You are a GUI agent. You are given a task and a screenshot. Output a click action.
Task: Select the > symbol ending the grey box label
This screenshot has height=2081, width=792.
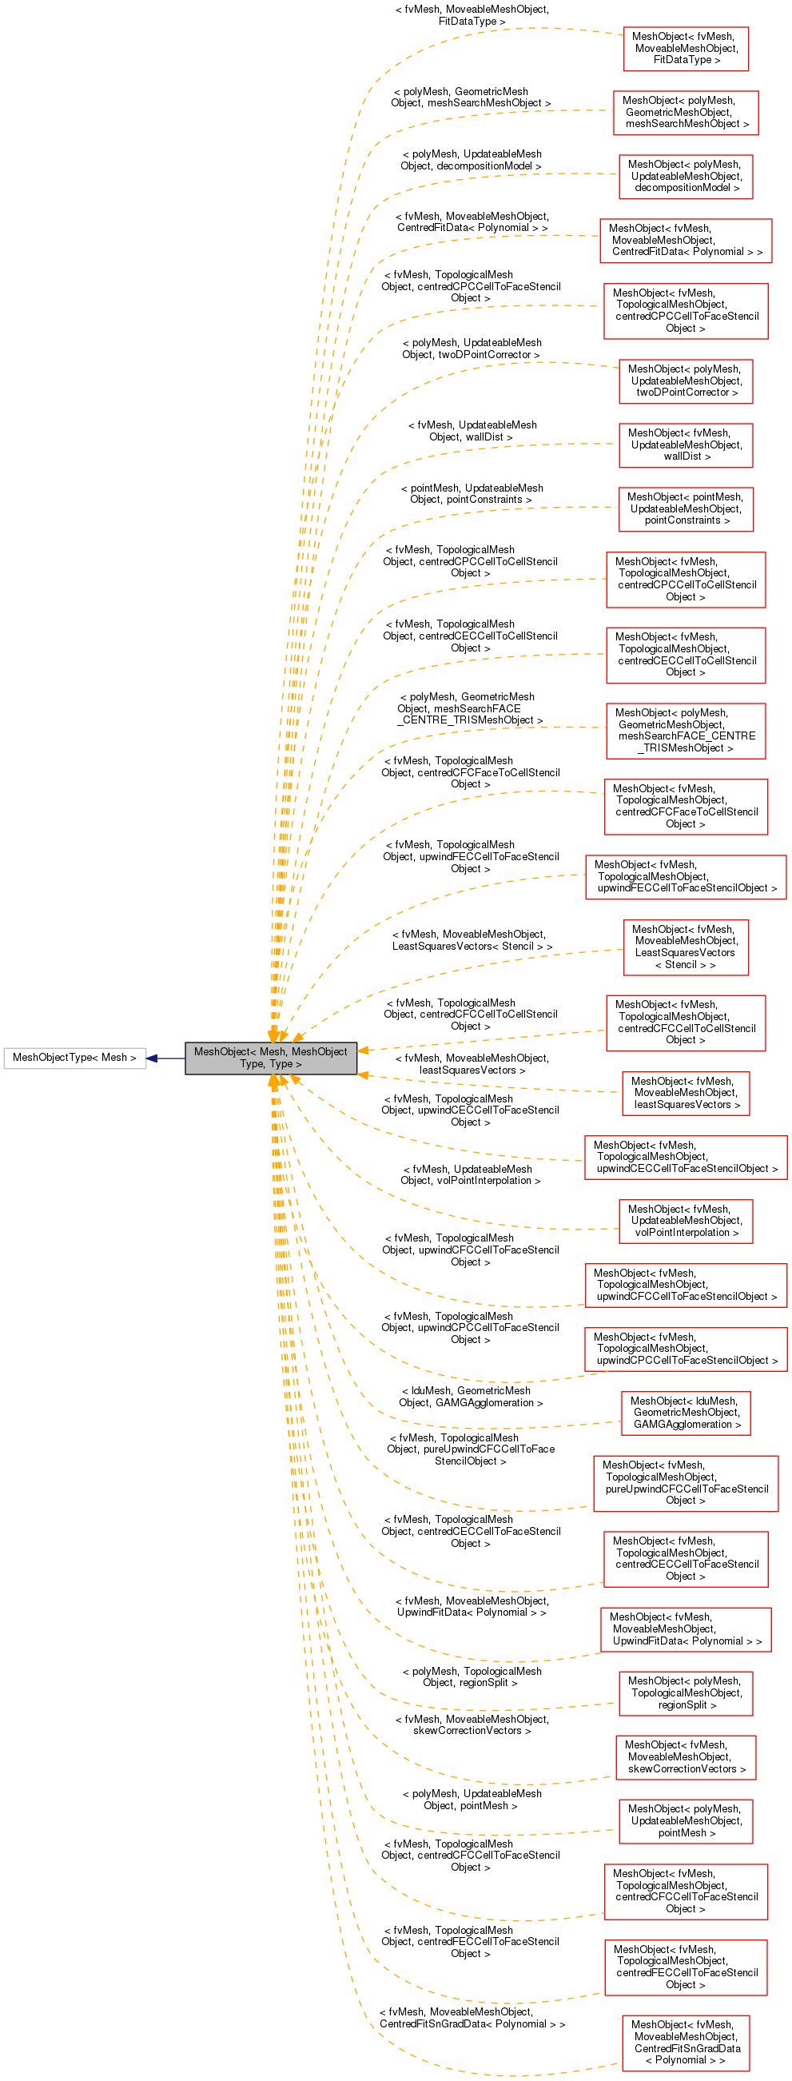point(298,1064)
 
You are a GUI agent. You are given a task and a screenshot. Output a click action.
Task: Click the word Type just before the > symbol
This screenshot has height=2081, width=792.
point(281,1064)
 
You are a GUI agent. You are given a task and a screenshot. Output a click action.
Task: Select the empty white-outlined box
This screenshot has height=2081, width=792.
point(75,1058)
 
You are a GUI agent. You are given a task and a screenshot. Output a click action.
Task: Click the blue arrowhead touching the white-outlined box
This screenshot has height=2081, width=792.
point(152,1058)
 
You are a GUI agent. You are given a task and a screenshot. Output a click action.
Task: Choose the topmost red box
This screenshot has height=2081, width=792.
point(686,50)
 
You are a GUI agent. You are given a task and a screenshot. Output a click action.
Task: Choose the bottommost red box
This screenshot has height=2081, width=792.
point(686,2043)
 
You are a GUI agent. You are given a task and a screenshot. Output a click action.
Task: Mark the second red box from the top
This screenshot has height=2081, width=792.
point(686,113)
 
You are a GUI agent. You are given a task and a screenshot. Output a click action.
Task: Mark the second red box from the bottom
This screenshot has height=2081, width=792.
point(686,1968)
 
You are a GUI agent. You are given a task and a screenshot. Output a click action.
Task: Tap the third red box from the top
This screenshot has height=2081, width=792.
point(686,177)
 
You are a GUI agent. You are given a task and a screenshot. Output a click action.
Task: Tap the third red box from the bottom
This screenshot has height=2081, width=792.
point(686,1892)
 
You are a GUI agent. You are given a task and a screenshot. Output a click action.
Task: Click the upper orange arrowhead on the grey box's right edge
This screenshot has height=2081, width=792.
point(364,1050)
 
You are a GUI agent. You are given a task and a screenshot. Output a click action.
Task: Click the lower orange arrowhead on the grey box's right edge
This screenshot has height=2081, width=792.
point(364,1075)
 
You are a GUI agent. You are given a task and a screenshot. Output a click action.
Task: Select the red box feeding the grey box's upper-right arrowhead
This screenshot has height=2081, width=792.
point(686,1023)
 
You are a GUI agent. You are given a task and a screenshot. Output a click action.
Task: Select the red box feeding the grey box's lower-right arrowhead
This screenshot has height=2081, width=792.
point(686,1094)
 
